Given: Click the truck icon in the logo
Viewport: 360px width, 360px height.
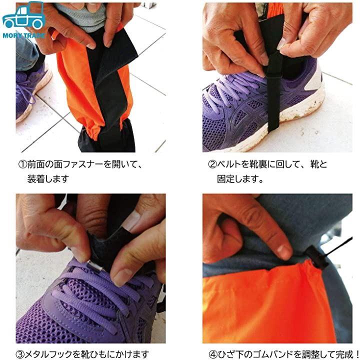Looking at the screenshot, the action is (23, 15).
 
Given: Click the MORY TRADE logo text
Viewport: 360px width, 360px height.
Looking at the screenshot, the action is (23, 35).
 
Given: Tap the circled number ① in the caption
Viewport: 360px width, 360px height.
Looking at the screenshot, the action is (22, 164).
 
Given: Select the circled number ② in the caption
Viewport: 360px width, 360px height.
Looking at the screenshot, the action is (212, 164).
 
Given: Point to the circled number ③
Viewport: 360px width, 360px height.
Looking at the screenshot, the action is (20, 354).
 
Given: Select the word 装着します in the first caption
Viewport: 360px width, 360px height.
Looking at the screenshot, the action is (48, 179).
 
